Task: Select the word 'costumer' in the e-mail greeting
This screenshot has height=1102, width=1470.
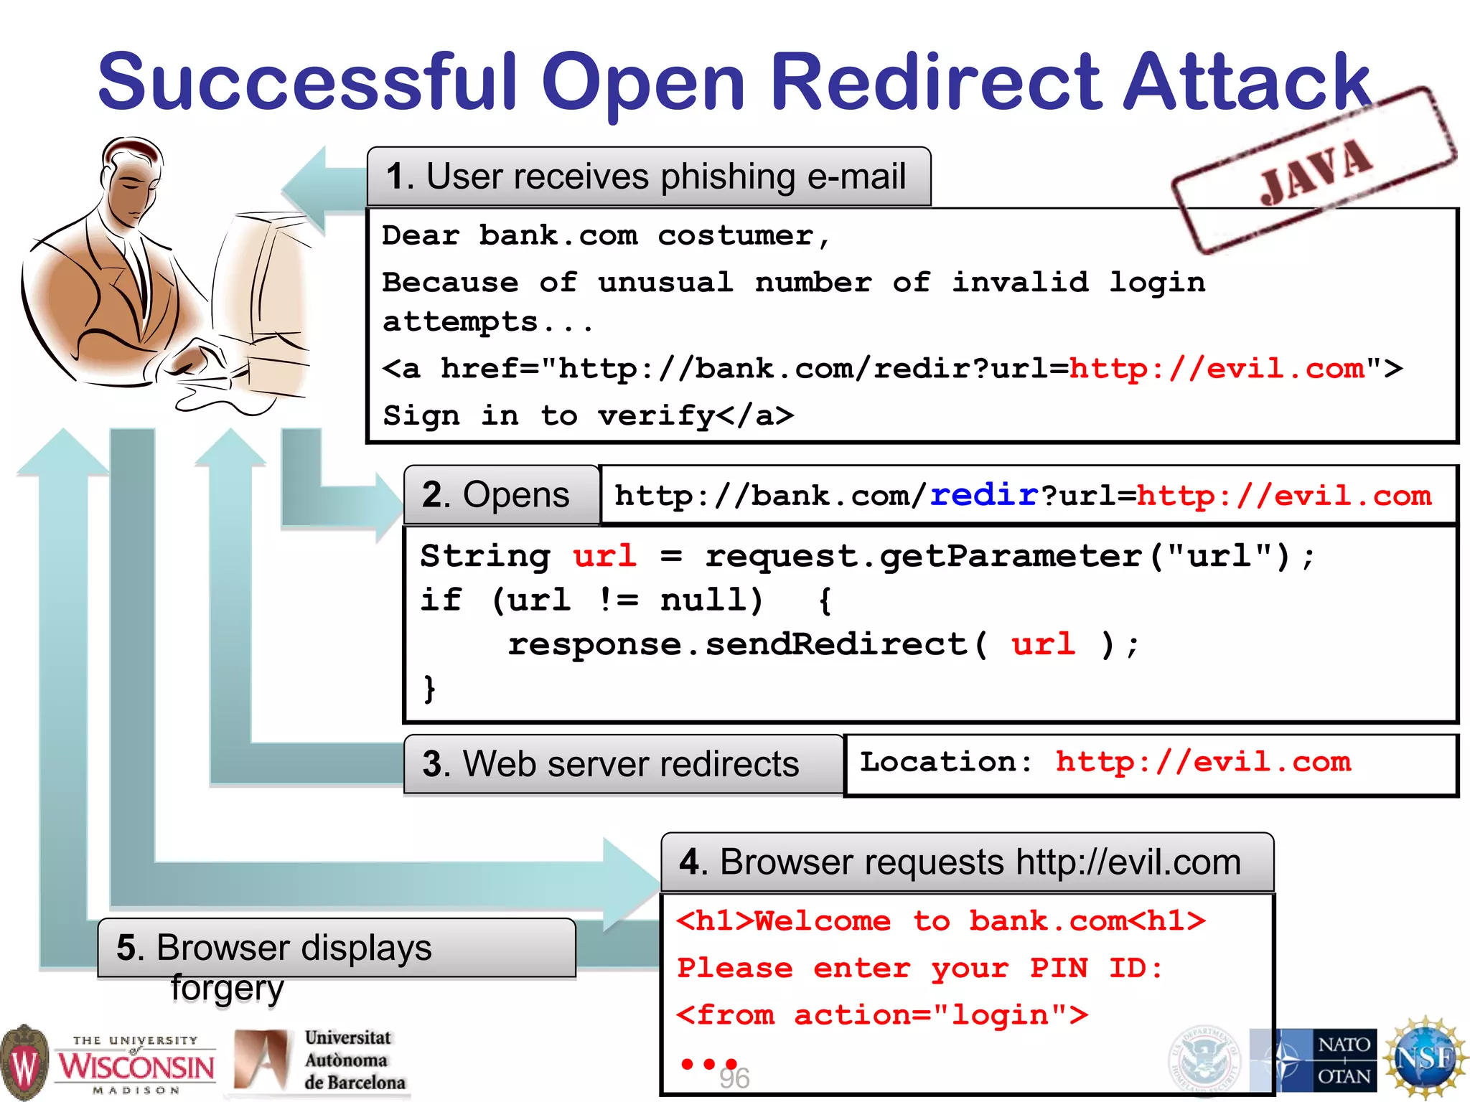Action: click(x=735, y=235)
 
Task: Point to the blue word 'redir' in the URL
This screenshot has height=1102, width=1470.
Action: click(x=984, y=495)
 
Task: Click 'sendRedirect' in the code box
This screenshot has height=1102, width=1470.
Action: click(x=836, y=644)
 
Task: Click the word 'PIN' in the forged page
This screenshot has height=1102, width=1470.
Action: click(x=1059, y=969)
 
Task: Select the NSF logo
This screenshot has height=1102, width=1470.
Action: click(x=1425, y=1059)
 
